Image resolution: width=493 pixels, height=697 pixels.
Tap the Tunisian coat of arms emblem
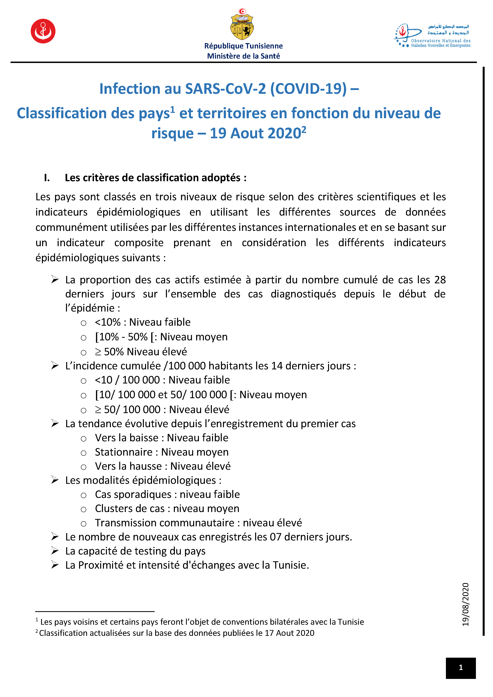(x=242, y=25)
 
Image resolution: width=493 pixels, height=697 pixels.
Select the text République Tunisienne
(x=243, y=46)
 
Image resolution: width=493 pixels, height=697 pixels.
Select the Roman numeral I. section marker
(x=47, y=178)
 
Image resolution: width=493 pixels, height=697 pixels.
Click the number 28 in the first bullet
(x=440, y=280)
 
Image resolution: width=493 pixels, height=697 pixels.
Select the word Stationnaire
(x=124, y=452)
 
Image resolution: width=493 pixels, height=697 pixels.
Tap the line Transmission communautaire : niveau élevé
(x=198, y=523)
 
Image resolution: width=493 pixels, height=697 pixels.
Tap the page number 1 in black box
(x=461, y=668)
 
